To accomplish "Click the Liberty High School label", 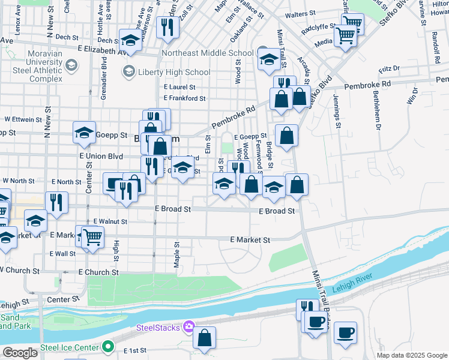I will [173, 73].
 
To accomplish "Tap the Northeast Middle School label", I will [208, 53].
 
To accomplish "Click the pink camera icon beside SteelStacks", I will [189, 327].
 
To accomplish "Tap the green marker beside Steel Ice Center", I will [108, 347].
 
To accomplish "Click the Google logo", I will [20, 353].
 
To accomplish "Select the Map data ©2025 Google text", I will [412, 355].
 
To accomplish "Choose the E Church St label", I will [98, 272].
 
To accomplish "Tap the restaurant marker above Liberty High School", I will [166, 26].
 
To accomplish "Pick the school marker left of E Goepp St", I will [84, 133].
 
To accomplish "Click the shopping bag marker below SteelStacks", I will [204, 338].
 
